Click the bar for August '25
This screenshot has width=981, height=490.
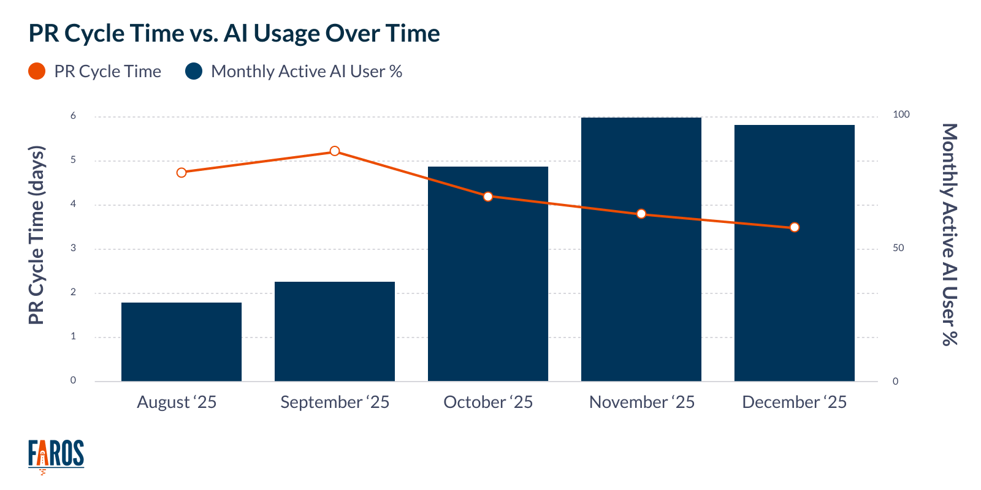pyautogui.click(x=181, y=342)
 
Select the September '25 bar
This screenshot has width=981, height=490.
pyautogui.click(x=335, y=331)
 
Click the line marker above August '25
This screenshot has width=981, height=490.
pyautogui.click(x=181, y=173)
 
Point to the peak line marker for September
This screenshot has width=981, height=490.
pyautogui.click(x=335, y=151)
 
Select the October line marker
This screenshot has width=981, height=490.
pyautogui.click(x=488, y=197)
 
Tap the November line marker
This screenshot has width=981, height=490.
pyautogui.click(x=641, y=214)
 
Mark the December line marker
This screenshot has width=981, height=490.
pyautogui.click(x=795, y=227)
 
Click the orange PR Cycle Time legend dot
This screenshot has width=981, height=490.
pyautogui.click(x=37, y=71)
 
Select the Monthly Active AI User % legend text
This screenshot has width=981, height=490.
pyautogui.click(x=307, y=72)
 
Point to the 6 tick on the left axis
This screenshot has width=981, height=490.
pyautogui.click(x=74, y=116)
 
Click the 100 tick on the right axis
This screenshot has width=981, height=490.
pyautogui.click(x=901, y=115)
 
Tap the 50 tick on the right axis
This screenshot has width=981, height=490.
pyautogui.click(x=898, y=248)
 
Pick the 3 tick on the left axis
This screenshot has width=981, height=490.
pyautogui.click(x=74, y=248)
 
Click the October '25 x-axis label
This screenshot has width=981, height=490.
pyautogui.click(x=488, y=402)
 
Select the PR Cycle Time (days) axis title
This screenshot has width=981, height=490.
pyautogui.click(x=37, y=235)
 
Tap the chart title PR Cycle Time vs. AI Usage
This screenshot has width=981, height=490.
pyautogui.click(x=234, y=33)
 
